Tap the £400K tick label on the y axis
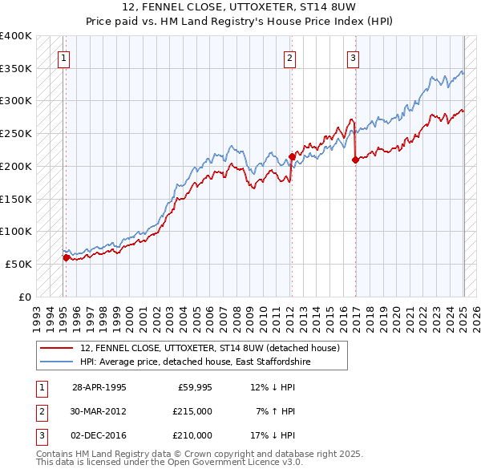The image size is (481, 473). coord(16,36)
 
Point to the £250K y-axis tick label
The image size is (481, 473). coord(16,134)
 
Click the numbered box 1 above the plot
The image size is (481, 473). coord(63,57)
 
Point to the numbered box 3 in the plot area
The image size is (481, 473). coord(353,57)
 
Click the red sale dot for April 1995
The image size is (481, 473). coord(67,257)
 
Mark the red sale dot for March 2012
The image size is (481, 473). coord(292,156)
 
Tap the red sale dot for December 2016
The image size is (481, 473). coord(354,160)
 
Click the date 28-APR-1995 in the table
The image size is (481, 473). coord(99,388)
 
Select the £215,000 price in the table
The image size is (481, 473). coord(192,411)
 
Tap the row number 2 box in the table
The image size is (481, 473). coord(41,411)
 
